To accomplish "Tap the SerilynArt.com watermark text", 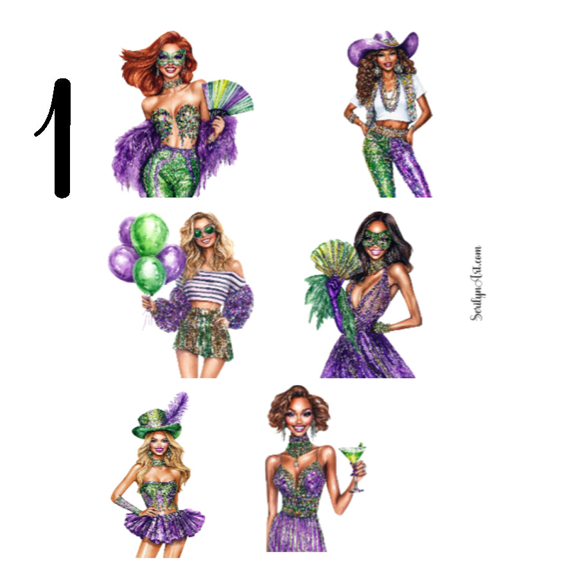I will click(476, 283).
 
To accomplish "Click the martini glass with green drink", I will click(351, 460).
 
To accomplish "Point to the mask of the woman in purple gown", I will click(377, 240).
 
